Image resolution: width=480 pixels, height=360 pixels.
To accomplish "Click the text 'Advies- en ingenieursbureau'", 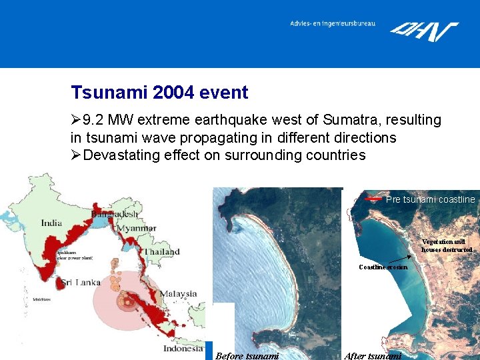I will (x=332, y=23).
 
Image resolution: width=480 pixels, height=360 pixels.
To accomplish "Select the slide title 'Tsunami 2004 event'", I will (x=159, y=93).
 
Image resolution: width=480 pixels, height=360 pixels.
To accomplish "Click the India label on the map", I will (x=51, y=223).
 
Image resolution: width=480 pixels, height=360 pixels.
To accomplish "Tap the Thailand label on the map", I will (x=163, y=252).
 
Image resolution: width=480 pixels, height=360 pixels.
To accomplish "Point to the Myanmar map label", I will (x=137, y=229).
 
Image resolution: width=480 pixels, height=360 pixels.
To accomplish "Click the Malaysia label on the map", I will (x=178, y=293).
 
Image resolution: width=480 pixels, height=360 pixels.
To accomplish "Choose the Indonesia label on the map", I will (x=183, y=348).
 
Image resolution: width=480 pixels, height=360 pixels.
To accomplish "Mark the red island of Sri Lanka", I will (x=65, y=285).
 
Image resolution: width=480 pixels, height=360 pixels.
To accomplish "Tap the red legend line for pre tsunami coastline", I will (x=374, y=199).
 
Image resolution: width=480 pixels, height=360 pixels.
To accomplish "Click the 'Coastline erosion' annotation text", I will (x=383, y=267).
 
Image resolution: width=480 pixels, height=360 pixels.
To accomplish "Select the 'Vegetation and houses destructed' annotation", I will (x=447, y=245).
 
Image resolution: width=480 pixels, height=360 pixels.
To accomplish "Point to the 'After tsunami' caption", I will (x=373, y=355).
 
